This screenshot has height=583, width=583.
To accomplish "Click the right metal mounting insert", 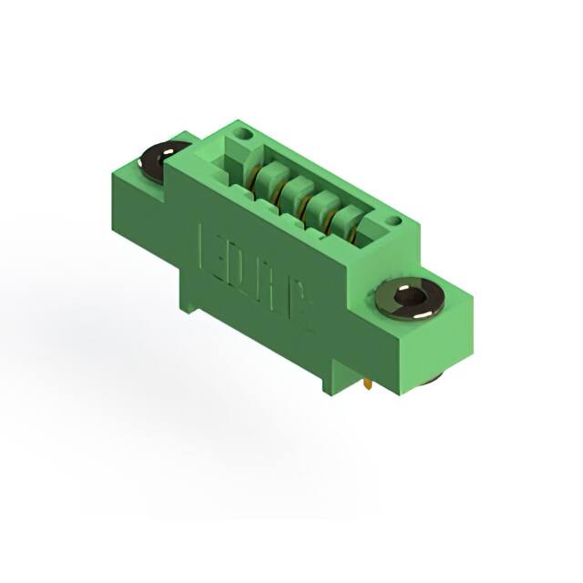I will (x=409, y=299).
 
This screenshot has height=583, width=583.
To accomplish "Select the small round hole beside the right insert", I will (x=393, y=220).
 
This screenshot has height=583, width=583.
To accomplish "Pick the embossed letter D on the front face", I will (x=234, y=261).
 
